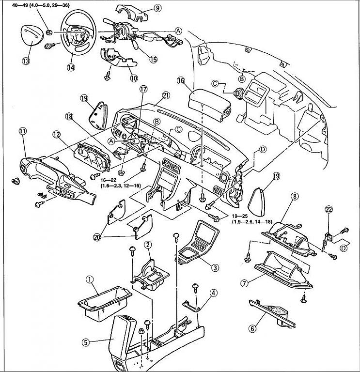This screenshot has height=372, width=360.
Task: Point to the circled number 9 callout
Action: [x=144, y=8]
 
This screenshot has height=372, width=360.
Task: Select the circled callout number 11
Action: [x=22, y=131]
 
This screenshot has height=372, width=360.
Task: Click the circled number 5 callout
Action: [x=85, y=342]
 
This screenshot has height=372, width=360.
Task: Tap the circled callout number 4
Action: [x=214, y=293]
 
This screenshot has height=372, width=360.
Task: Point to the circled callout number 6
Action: [x=252, y=328]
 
